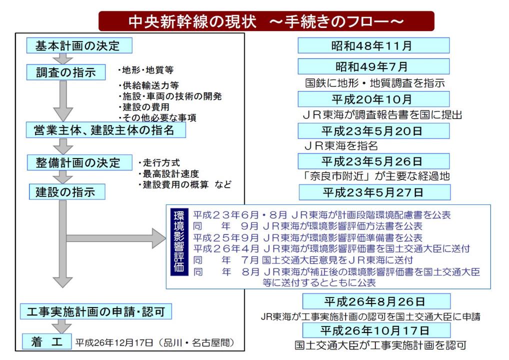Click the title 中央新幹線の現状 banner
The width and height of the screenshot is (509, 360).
(266, 21)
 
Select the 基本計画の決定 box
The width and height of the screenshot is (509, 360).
(79, 45)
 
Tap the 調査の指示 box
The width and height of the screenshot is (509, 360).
(66, 72)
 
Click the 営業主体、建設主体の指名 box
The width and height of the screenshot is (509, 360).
(106, 130)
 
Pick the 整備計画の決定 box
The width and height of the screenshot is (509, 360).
(79, 162)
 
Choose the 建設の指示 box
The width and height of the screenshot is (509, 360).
(67, 191)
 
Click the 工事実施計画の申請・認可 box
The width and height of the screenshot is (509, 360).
(96, 311)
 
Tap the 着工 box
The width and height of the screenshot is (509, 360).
(46, 341)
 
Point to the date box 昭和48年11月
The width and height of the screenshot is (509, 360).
(373, 45)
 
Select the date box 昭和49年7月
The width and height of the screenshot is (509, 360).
(373, 66)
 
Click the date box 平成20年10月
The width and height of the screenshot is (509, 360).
(373, 99)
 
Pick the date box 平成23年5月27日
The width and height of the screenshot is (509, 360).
(374, 192)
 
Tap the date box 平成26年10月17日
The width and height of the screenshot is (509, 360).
(376, 330)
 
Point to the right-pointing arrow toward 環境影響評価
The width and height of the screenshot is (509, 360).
(116, 238)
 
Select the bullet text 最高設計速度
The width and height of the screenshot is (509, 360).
(169, 173)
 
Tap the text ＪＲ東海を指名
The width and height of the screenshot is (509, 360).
(341, 146)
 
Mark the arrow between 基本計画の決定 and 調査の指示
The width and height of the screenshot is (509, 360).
(63, 59)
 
